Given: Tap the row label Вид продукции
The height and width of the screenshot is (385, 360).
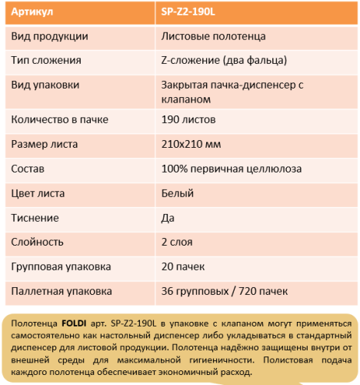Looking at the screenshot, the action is coord(49,36).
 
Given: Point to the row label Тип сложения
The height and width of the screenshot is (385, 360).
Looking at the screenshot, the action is coord(45,59).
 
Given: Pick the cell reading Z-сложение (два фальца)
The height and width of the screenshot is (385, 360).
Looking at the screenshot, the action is coord(225,59).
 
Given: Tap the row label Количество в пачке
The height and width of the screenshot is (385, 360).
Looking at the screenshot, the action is coord(60,119).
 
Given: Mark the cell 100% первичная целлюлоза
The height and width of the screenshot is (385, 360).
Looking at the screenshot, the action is coord(231,169).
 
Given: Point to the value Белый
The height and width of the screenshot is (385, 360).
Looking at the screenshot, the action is coord(177,193).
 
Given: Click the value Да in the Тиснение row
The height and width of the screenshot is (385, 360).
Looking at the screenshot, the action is coord(168,218).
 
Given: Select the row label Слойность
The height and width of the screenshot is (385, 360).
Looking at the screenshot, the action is coord(37,242).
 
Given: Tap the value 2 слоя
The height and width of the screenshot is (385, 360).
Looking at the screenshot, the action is coord(178,242).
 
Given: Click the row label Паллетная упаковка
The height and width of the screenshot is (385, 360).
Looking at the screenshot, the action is coord(62,291).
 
